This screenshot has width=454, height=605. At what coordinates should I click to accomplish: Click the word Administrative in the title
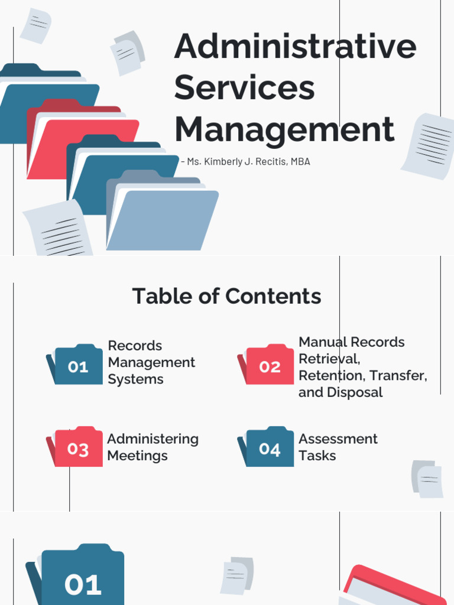295,47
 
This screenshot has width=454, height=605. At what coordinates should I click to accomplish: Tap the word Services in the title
244,87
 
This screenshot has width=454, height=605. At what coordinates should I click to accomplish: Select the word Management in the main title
284,129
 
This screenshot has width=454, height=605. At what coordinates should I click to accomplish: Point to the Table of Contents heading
226,296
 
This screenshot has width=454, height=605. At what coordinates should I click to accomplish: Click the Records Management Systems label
151,362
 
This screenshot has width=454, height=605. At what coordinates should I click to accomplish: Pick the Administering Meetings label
153,447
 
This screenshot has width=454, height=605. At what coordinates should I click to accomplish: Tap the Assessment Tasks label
338,447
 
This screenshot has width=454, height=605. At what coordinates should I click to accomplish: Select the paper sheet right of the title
429,145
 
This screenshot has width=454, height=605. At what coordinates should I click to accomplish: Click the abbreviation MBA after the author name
300,161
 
